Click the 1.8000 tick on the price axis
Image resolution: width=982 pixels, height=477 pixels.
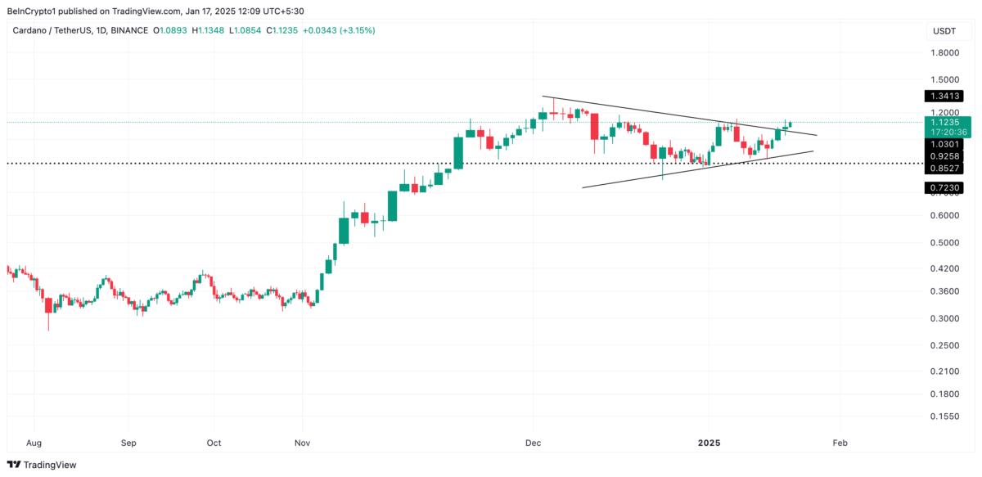point(945,53)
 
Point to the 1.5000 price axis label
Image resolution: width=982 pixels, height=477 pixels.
point(945,80)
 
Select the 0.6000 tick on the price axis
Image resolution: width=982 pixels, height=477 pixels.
point(945,216)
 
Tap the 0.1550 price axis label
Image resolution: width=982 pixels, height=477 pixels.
point(945,416)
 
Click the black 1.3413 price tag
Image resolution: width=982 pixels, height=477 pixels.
point(944,96)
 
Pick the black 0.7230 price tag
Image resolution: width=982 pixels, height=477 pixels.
point(944,188)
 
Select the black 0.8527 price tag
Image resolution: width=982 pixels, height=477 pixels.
point(944,168)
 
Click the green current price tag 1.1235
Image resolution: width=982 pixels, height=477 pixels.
point(944,122)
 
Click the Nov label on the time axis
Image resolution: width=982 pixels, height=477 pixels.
point(302,443)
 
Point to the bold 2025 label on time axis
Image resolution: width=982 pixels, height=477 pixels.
point(709,443)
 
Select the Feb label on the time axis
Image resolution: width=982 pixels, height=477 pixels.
point(840,443)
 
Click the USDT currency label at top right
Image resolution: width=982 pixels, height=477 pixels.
point(944,31)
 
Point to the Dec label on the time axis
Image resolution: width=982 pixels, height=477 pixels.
point(534,443)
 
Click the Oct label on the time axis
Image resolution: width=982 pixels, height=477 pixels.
point(214,443)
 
